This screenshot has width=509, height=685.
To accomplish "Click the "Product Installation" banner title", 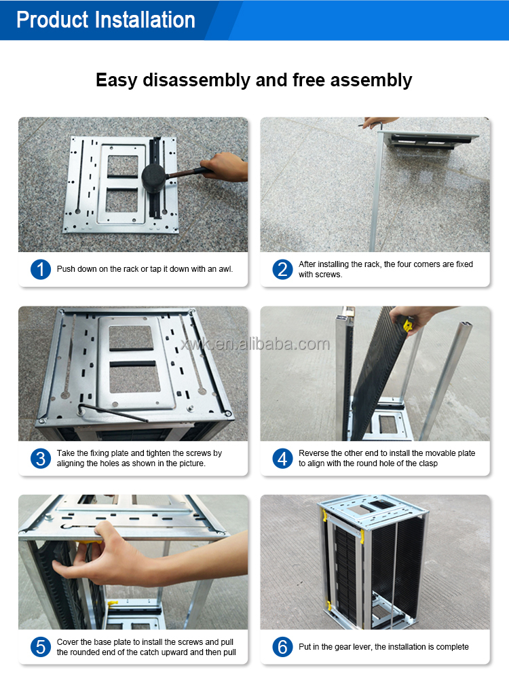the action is (106, 20).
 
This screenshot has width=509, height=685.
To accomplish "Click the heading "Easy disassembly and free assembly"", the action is (254, 80).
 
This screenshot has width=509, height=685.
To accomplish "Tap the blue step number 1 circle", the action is (41, 269).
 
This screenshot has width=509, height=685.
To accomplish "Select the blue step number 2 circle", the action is (282, 269).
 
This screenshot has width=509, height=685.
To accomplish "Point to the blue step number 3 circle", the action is (41, 458).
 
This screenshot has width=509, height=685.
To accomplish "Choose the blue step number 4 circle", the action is (282, 458).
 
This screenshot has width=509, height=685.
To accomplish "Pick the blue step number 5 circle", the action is (41, 647).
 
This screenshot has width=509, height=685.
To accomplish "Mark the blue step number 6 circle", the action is (282, 647).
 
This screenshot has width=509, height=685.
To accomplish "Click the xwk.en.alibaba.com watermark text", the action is (254, 345).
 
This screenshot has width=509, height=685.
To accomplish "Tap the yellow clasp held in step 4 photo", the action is (408, 325).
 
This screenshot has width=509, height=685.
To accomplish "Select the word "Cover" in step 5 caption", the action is (67, 642).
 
